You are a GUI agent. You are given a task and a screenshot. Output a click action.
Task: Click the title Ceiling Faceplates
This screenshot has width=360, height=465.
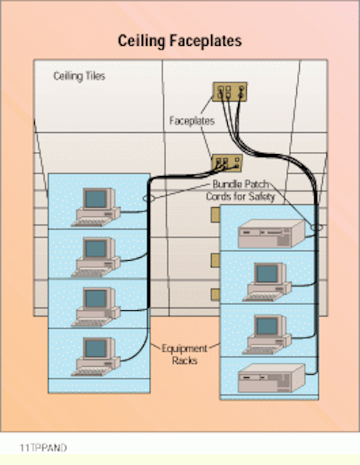[x=179, y=41]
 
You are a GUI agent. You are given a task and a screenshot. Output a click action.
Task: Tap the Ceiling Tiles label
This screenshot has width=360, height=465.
[x=79, y=76]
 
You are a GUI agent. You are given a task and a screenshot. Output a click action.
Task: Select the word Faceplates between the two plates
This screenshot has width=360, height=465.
[x=192, y=121]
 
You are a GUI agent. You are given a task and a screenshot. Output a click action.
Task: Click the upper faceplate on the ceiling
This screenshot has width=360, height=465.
[x=230, y=92]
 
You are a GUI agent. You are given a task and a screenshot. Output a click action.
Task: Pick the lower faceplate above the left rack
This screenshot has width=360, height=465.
[x=227, y=163]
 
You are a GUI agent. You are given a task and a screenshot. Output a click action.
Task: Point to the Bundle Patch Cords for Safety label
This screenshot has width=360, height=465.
[x=240, y=190]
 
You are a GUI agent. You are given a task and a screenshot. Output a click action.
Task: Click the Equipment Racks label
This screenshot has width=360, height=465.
[x=184, y=355]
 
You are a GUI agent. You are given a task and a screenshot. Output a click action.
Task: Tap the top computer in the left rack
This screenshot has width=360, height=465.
[x=97, y=207]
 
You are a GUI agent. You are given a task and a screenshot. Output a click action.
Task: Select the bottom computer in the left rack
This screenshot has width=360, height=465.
[x=97, y=357]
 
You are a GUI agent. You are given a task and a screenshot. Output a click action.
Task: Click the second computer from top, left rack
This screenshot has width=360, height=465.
[x=97, y=256]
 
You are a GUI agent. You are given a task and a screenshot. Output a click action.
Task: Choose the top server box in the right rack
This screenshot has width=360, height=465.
[x=271, y=234]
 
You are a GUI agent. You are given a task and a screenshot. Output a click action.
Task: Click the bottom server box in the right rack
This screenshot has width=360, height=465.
[x=271, y=378]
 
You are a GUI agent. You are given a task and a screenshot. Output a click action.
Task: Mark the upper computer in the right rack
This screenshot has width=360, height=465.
[x=266, y=282]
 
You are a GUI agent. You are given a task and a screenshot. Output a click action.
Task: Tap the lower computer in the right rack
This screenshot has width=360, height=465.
[x=266, y=334]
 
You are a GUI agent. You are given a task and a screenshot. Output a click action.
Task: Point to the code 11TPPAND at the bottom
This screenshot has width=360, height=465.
[x=44, y=448]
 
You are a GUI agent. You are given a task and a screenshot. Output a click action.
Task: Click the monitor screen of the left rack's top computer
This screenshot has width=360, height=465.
[x=96, y=198]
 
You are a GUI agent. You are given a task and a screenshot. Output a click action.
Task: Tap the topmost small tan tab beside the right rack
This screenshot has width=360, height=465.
[x=216, y=215]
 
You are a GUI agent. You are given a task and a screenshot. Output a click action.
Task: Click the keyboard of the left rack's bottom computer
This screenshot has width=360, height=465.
[x=91, y=371]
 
